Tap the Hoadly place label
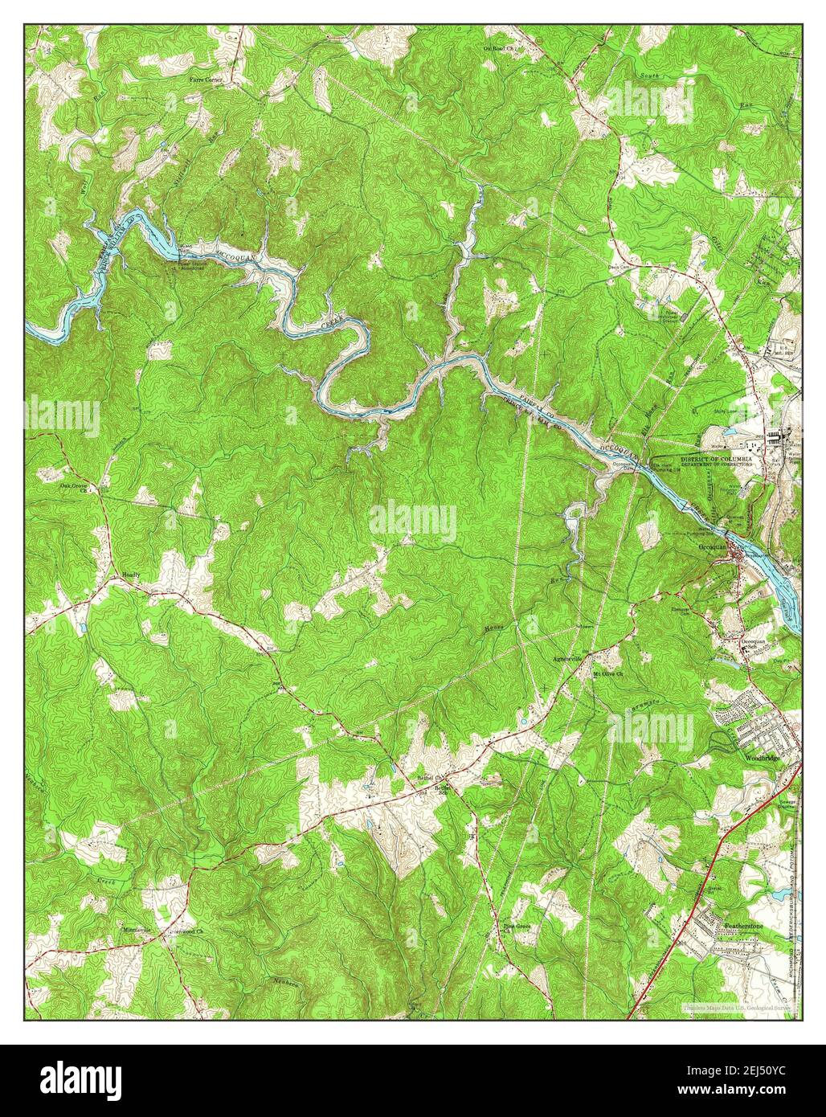point(130,576)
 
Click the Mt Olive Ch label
point(608,673)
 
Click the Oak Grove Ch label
point(74,486)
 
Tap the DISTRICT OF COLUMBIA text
point(717,458)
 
